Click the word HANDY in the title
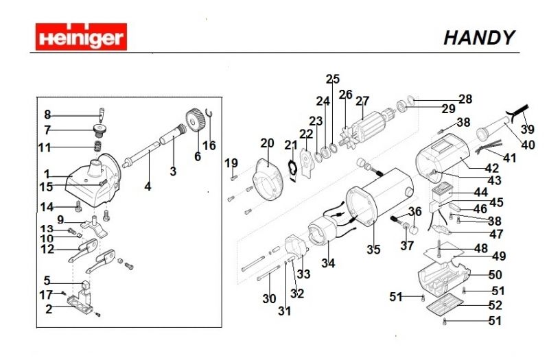point(478,38)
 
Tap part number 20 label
point(267,143)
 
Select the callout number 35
point(373,250)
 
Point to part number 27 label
point(362,101)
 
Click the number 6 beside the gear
point(198,156)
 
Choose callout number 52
point(495,304)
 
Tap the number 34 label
point(329,263)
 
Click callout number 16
point(209,145)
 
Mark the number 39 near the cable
point(526,129)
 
